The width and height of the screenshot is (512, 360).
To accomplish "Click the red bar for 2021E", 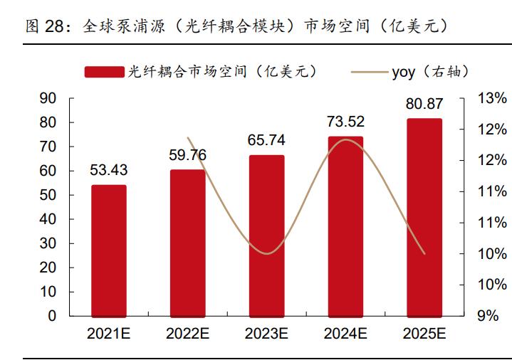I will [108, 250].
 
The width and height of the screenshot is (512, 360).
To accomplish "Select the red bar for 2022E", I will [187, 243].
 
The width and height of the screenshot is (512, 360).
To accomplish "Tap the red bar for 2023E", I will [266, 235].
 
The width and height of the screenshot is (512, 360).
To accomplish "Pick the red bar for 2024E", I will [345, 226].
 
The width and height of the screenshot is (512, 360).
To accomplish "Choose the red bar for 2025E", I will [424, 217].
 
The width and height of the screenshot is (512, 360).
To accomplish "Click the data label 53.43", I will [108, 170].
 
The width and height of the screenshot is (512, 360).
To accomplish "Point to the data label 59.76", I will [187, 154].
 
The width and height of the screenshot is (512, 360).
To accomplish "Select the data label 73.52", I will [345, 121].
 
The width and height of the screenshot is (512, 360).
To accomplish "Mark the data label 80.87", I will [424, 104].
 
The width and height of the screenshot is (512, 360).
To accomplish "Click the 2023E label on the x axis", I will [266, 334].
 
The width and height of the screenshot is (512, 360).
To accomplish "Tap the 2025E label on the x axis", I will [424, 334].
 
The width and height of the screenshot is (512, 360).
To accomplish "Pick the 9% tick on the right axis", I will [489, 316].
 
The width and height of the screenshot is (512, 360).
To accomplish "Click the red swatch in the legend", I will [105, 72].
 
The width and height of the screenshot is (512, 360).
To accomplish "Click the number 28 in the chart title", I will [54, 26].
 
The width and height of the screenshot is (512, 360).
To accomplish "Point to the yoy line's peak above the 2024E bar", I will [346, 139].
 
